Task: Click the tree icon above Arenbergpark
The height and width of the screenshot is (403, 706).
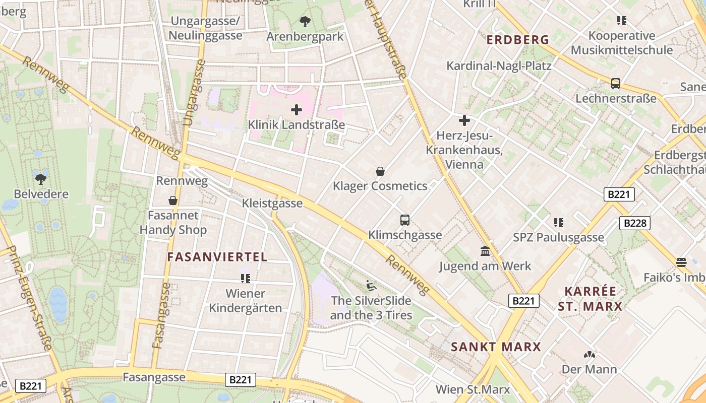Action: pos(305,22)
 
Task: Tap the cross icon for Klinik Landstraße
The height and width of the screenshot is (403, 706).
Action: pos(297,109)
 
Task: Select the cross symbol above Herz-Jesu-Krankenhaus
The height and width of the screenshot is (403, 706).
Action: pos(464,120)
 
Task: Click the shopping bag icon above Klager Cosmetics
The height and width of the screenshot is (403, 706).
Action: pos(380,171)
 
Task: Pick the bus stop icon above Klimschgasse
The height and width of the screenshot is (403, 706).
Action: pos(404,220)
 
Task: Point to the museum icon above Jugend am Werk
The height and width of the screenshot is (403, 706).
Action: pos(485,251)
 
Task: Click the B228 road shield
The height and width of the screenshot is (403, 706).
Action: pos(634,223)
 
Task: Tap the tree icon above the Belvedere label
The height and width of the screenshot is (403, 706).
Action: pos(41,178)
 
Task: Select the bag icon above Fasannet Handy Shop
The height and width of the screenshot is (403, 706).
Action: pos(172,200)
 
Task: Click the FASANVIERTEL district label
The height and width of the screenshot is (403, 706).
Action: pos(217,257)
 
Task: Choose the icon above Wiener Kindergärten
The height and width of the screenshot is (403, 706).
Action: pos(246,278)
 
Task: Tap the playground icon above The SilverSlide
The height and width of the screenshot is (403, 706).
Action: pos(371,286)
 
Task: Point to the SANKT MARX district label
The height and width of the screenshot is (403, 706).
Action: pos(496,347)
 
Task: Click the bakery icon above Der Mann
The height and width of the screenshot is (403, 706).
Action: pos(589,355)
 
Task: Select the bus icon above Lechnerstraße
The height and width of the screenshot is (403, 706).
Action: pos(615,84)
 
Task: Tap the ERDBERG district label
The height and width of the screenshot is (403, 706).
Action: pos(517,40)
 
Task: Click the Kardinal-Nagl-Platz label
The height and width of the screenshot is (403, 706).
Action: pos(499,66)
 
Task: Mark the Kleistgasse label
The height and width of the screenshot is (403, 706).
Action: pos(272,203)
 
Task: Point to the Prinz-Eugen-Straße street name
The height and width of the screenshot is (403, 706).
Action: pos(31,297)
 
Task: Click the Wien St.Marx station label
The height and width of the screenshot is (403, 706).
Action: pos(473,389)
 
